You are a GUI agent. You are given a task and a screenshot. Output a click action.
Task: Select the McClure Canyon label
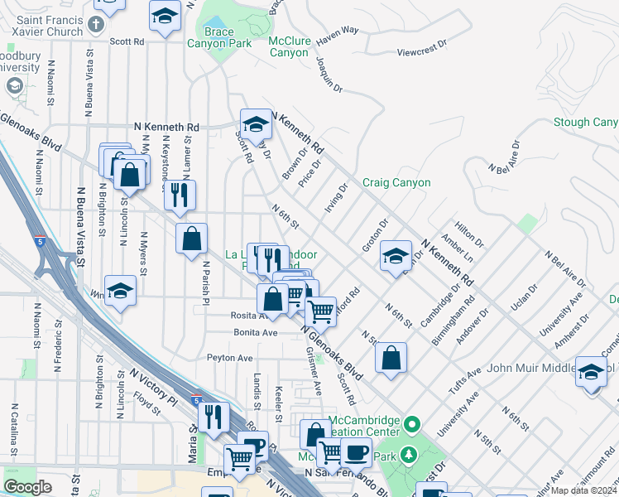point(288,46)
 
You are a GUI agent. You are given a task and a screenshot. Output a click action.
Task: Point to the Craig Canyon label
point(396,182)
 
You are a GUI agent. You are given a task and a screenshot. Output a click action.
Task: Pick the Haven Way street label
point(337,31)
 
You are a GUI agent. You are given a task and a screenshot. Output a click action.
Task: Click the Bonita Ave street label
point(256,331)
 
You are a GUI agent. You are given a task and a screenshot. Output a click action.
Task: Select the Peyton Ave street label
point(229,358)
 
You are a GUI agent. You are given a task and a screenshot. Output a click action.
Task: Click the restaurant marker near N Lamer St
point(179,195)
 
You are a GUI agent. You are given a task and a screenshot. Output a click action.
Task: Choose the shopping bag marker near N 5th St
point(390,358)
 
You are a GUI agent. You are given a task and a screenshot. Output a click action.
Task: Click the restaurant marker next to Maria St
point(214,417)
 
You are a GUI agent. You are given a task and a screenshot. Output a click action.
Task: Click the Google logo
point(27,487)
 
